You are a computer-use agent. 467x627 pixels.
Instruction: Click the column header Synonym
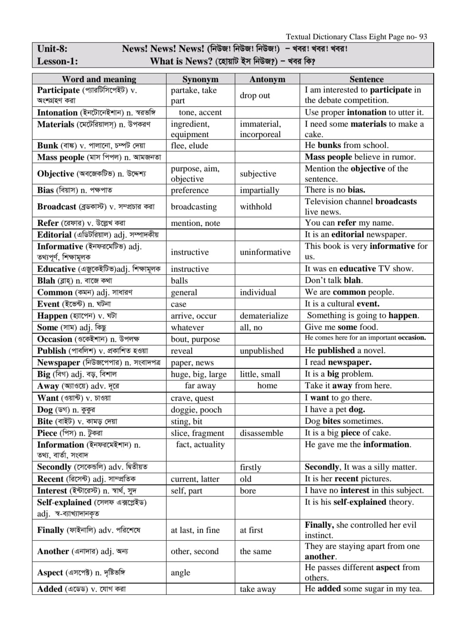[x=200, y=79]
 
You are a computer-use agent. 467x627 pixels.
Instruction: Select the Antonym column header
[x=267, y=79]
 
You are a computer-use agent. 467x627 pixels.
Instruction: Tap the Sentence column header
[x=366, y=79]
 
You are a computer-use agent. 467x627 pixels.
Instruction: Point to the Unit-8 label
[x=52, y=48]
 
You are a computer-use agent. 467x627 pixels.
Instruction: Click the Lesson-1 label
[x=58, y=61]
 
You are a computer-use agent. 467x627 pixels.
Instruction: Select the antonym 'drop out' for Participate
[x=255, y=95]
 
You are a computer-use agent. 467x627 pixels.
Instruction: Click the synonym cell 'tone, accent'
[x=200, y=113]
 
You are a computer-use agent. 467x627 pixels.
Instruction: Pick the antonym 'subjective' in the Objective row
[x=258, y=174]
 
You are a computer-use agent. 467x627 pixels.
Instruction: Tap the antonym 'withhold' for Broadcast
[x=256, y=207]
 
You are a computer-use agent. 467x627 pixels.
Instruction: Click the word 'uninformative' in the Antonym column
[x=265, y=252]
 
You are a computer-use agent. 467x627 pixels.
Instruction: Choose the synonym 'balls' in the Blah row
[x=179, y=281]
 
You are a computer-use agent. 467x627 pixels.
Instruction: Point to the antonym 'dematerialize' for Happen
[x=264, y=316]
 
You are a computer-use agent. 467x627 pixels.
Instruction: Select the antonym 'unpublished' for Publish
[x=262, y=351]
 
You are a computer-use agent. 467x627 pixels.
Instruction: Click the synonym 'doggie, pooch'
[x=196, y=410]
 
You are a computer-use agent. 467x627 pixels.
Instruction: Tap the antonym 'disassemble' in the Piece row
[x=262, y=433]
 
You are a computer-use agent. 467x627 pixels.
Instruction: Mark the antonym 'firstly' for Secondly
[x=251, y=467]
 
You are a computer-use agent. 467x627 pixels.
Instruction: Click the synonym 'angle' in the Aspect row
[x=180, y=572]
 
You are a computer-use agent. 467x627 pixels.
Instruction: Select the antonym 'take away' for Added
[x=258, y=589]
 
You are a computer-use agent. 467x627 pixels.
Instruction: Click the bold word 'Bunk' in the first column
[x=48, y=145]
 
